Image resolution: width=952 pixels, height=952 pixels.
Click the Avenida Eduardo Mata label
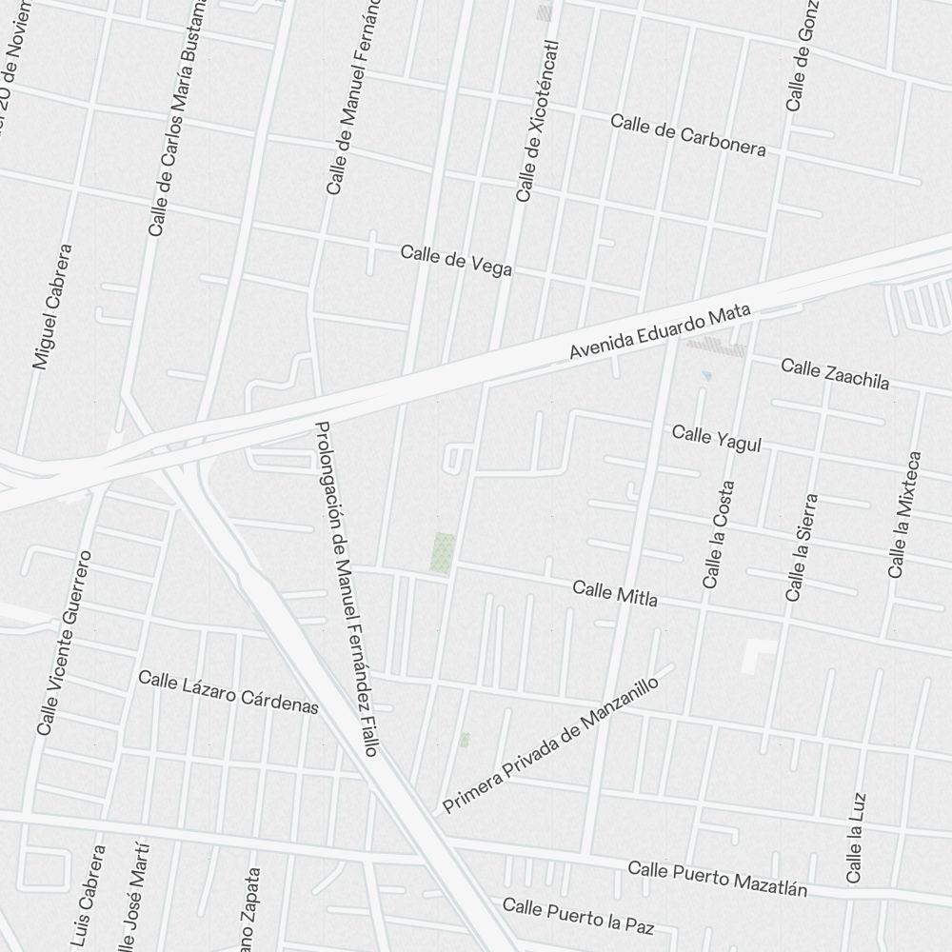[x=660, y=332]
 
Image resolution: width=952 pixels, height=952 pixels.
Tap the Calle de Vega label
[x=456, y=260]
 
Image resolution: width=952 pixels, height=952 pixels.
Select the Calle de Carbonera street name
[x=687, y=134]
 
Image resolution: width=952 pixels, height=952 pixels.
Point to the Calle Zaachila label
[x=835, y=374]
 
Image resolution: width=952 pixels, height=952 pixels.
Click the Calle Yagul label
[x=717, y=439]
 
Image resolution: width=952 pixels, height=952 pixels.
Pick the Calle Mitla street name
[x=615, y=593]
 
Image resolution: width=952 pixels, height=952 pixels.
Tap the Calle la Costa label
[x=719, y=534]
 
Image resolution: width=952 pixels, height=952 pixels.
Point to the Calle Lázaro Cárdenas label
[x=228, y=692]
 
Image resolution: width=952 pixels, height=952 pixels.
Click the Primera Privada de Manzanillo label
[x=551, y=745]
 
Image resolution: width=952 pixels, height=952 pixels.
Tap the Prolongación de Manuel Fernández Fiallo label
[x=347, y=589]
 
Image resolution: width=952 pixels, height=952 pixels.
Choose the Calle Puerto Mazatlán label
[x=717, y=879]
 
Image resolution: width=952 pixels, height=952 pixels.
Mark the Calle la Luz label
[x=856, y=837]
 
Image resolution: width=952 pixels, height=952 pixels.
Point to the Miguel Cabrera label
[x=52, y=307]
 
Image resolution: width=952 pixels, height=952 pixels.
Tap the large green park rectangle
[x=443, y=552]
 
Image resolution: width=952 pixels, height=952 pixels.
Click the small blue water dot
[x=706, y=376]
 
